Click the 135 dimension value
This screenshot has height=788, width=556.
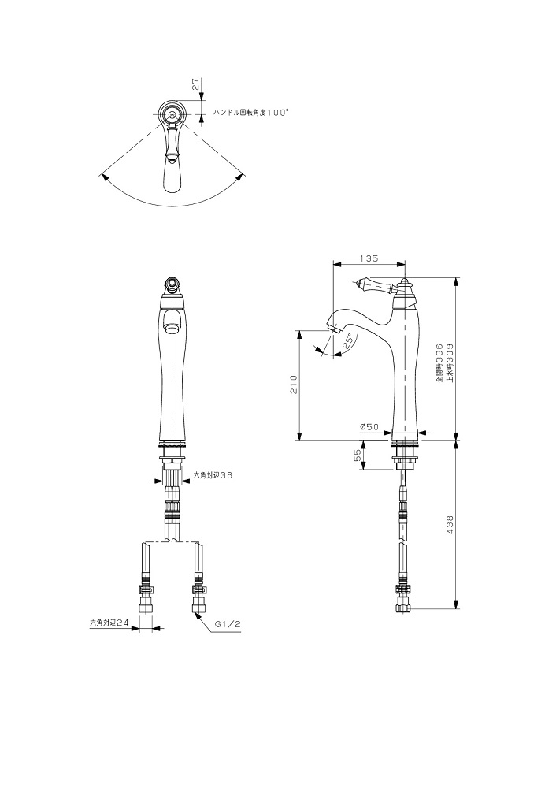(369, 258)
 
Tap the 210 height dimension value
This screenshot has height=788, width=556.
(295, 385)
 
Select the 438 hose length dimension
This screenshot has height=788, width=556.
(450, 524)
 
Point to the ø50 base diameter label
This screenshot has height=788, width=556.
(369, 426)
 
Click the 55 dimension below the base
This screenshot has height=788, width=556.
(358, 455)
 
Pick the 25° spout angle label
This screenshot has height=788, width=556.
(347, 342)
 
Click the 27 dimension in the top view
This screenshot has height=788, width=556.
(197, 84)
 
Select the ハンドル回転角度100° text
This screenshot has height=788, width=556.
(251, 113)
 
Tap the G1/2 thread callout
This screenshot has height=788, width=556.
(228, 623)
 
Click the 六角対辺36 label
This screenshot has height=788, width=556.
(213, 474)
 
